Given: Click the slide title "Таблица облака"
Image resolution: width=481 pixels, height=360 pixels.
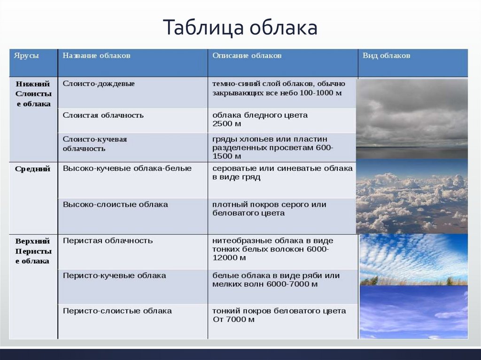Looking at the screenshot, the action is (x=240, y=27).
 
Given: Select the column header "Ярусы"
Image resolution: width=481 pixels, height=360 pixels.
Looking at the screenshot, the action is (x=26, y=56).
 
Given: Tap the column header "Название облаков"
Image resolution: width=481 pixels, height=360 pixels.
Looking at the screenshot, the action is (x=97, y=55).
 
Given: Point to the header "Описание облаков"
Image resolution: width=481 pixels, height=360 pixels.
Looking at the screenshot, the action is (x=247, y=55).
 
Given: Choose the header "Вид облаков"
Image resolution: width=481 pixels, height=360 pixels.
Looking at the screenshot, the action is (x=386, y=55).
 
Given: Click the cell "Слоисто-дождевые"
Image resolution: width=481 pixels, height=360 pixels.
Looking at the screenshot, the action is (x=99, y=84).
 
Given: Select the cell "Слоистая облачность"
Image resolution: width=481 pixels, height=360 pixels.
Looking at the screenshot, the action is (x=103, y=115).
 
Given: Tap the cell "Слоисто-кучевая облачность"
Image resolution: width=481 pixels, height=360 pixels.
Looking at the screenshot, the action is (x=95, y=144).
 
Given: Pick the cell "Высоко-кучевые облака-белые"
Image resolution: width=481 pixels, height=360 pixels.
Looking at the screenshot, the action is (x=127, y=169).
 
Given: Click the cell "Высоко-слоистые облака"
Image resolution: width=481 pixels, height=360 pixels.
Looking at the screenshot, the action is (x=116, y=205).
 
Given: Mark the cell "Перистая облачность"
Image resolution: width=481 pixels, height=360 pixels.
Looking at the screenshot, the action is (x=108, y=240).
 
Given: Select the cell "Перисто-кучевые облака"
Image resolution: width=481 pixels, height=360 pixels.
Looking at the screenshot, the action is (x=115, y=276).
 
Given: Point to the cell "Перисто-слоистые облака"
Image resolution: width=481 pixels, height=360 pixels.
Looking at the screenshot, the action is (x=117, y=311).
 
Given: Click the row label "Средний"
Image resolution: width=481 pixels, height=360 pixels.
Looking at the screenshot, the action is (x=33, y=169).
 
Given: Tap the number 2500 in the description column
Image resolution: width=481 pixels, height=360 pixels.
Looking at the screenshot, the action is (x=223, y=124).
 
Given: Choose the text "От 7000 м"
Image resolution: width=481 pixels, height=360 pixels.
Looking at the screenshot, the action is (x=233, y=320).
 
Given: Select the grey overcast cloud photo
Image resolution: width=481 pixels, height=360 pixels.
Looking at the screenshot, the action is (x=412, y=119).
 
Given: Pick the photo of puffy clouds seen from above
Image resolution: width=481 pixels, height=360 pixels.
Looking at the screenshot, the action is (x=412, y=196).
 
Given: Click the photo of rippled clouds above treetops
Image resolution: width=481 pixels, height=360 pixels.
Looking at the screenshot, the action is (x=413, y=260).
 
